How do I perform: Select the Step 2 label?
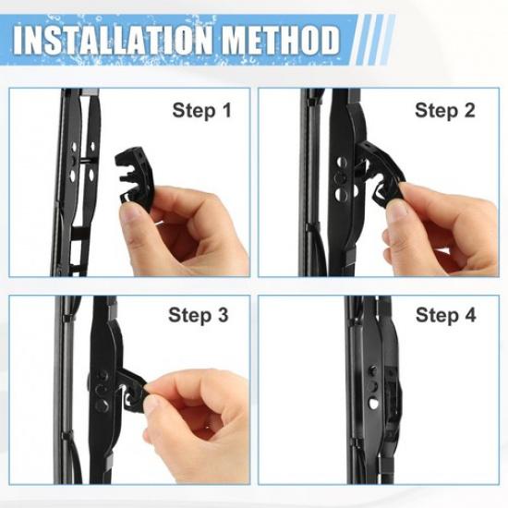point(444,112)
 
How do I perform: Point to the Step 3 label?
point(198,315)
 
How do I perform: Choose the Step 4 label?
point(445,315)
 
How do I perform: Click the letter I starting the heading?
point(19,41)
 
